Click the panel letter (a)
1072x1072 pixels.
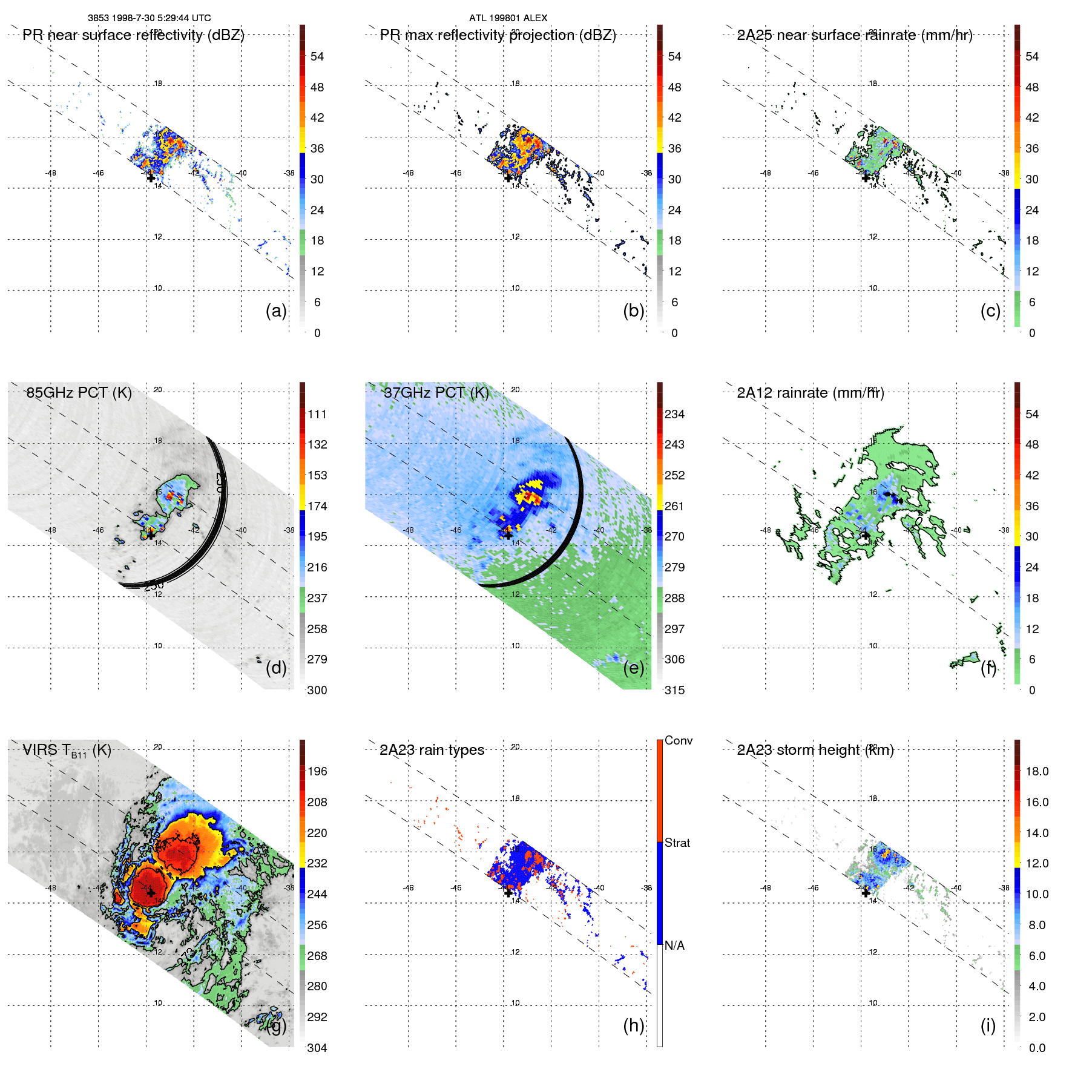(x=275, y=311)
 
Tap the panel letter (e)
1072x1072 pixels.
(x=633, y=668)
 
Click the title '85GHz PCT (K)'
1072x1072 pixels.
(x=79, y=392)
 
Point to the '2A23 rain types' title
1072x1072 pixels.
(x=432, y=750)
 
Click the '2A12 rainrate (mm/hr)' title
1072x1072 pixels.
(x=810, y=393)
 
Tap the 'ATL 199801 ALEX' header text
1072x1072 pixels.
(x=508, y=18)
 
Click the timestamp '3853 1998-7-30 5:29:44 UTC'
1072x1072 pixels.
(x=149, y=18)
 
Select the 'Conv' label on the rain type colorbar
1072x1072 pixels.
(x=678, y=740)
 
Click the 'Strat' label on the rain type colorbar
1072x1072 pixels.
(x=677, y=843)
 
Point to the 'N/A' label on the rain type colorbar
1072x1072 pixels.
(x=674, y=945)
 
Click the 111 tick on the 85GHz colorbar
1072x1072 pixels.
(x=317, y=414)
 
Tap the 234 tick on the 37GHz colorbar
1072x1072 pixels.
(x=674, y=414)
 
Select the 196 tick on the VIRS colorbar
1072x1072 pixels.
(x=317, y=771)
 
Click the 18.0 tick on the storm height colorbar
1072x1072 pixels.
(x=1036, y=771)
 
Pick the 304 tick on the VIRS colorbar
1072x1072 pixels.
(x=317, y=1048)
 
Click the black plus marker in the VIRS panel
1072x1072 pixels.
(x=151, y=893)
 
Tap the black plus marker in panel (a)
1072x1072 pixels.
(x=151, y=178)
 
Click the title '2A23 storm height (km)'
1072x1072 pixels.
(x=815, y=750)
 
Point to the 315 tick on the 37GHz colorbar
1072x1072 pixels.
(x=674, y=690)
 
